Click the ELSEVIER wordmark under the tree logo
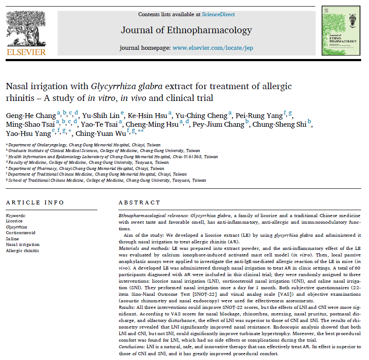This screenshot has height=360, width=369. (26, 52)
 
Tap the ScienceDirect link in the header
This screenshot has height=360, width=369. (218, 14)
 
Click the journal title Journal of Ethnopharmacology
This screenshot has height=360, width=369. (186, 30)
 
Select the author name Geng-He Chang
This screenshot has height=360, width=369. (31, 115)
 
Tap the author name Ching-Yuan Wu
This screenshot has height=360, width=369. (100, 134)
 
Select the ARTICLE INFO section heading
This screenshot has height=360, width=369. (35, 202)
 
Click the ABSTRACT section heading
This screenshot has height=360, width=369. (140, 202)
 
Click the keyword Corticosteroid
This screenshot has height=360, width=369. (21, 233)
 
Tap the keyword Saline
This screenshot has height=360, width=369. (12, 239)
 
